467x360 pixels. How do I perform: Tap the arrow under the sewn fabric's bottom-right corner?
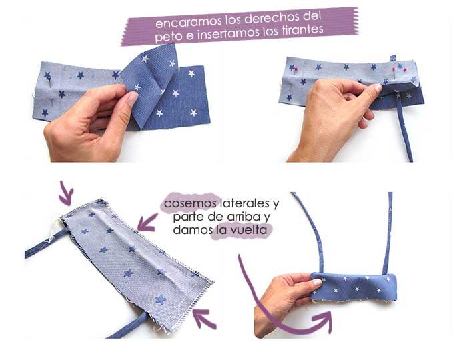point(204,320)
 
